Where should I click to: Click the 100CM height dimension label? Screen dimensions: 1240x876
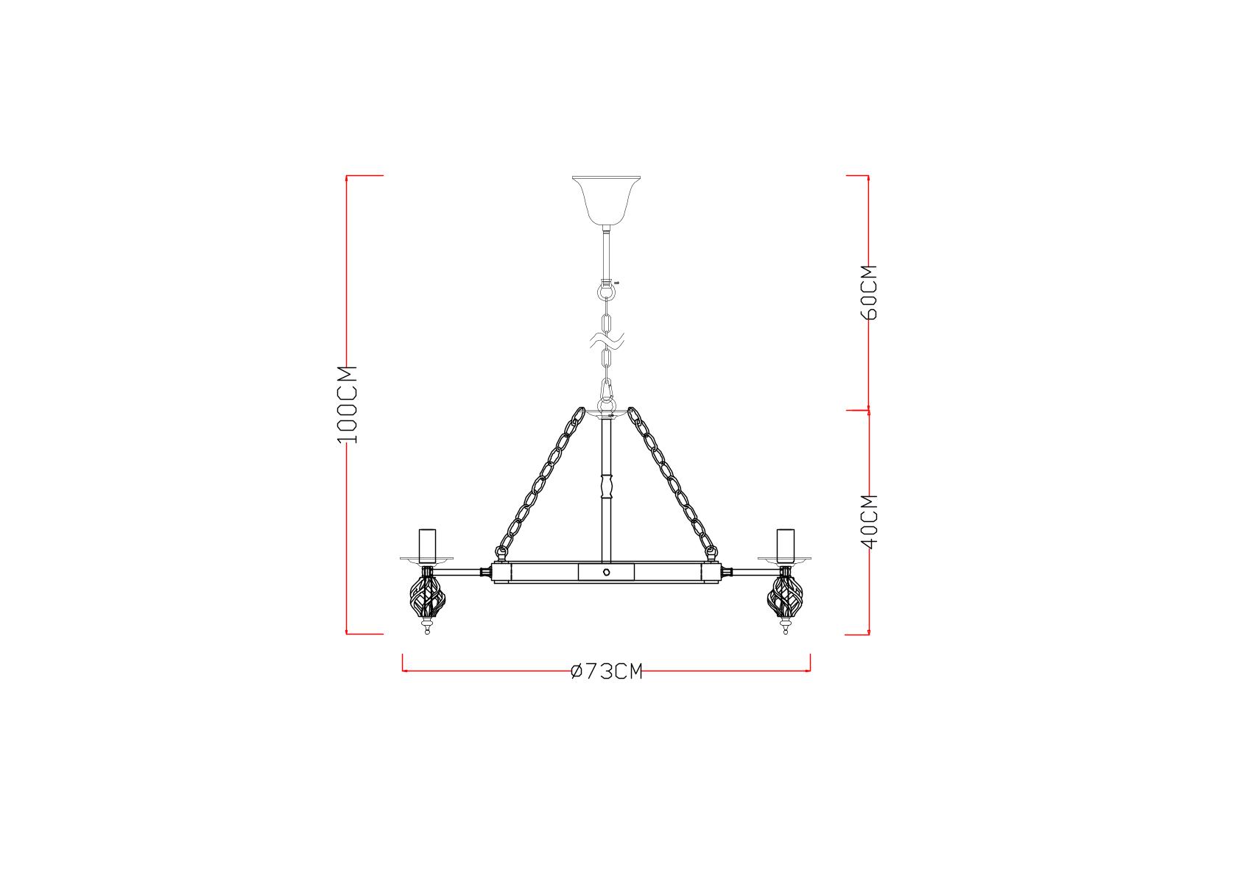pyautogui.click(x=348, y=405)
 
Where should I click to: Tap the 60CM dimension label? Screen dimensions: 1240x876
pyautogui.click(x=869, y=292)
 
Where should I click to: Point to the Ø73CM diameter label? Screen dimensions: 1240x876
pyautogui.click(x=607, y=671)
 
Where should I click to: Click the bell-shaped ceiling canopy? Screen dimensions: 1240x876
pyautogui.click(x=606, y=200)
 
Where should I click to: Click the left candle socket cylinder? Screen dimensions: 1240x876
pyautogui.click(x=427, y=545)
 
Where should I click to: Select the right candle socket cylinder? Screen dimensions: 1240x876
pyautogui.click(x=785, y=545)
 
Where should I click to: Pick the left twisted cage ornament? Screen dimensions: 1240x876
pyautogui.click(x=427, y=598)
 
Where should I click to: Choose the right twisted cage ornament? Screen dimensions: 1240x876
pyautogui.click(x=785, y=598)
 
